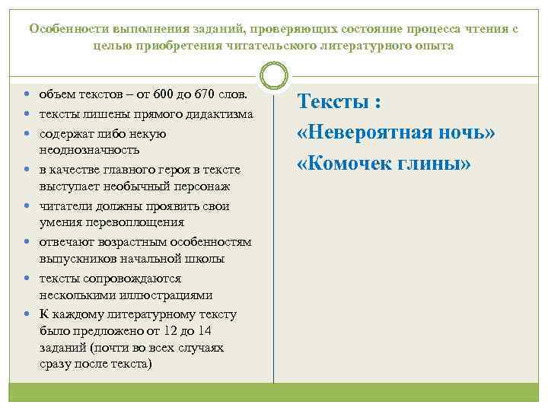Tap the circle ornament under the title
click(x=273, y=76)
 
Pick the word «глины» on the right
click(x=436, y=164)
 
